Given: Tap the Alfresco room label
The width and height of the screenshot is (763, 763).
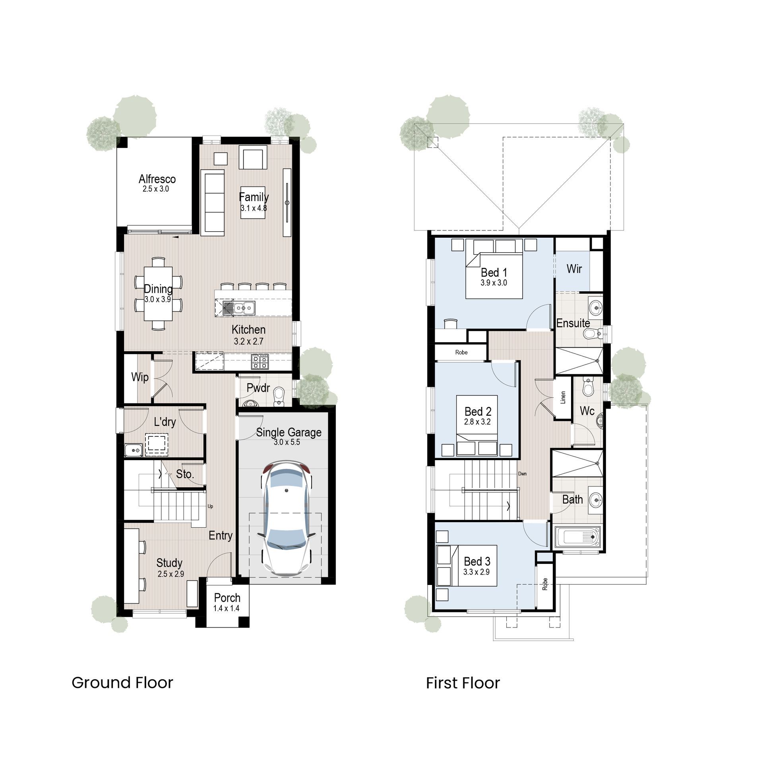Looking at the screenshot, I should tap(157, 179).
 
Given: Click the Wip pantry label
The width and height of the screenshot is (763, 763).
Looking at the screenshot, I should tap(140, 377).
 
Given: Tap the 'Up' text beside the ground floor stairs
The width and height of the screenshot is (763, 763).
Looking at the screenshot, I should tap(210, 506).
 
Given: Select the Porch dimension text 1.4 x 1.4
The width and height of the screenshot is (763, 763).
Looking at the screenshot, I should tap(226, 608).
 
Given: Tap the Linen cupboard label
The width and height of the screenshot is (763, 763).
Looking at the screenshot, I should tap(563, 397).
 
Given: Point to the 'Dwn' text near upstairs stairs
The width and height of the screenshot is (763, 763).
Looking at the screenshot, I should tap(522, 474).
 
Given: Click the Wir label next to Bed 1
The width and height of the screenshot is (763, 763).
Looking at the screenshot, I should tap(574, 269).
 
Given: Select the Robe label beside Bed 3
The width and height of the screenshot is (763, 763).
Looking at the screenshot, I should tap(545, 584).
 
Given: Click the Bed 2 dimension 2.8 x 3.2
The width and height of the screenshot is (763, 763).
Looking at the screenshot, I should tap(477, 422).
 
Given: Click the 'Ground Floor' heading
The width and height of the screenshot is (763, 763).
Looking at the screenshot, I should tap(122, 683).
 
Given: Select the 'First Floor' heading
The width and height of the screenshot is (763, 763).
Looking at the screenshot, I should tap(463, 683).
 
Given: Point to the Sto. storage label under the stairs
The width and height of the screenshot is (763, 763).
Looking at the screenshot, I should tap(185, 474).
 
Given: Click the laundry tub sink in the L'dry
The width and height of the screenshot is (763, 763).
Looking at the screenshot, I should tap(133, 450).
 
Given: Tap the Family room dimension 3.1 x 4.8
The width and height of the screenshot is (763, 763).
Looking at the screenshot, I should tap(254, 208).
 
